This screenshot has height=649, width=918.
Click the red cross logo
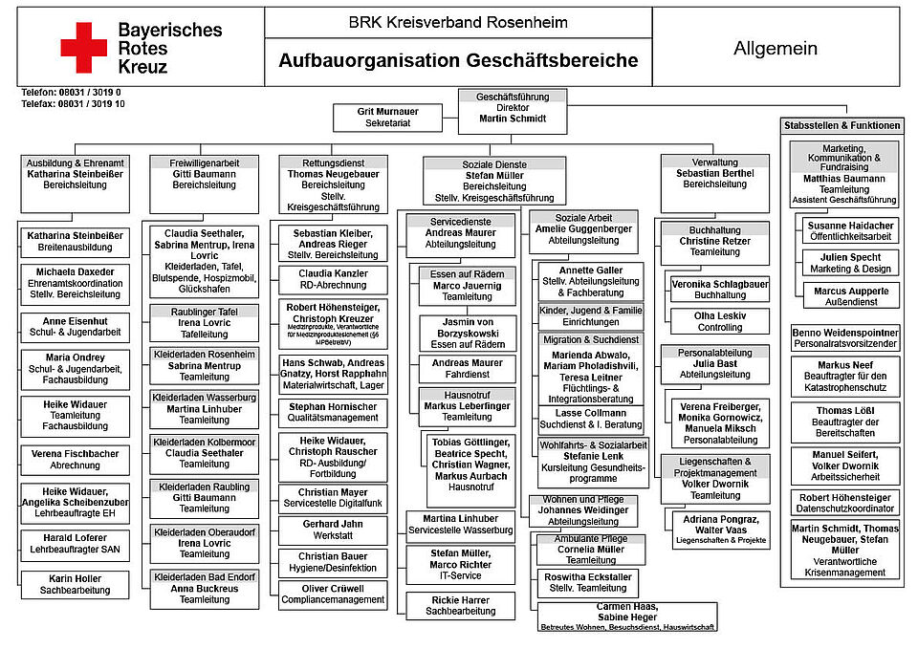84,48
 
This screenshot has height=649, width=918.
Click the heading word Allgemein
776,48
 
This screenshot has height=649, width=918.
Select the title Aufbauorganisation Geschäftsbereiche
458,61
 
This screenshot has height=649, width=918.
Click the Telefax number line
73,103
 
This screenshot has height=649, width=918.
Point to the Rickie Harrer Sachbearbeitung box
460,604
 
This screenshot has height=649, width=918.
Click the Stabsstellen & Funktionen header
841,125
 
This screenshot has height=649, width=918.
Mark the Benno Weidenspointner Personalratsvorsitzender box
844,337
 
